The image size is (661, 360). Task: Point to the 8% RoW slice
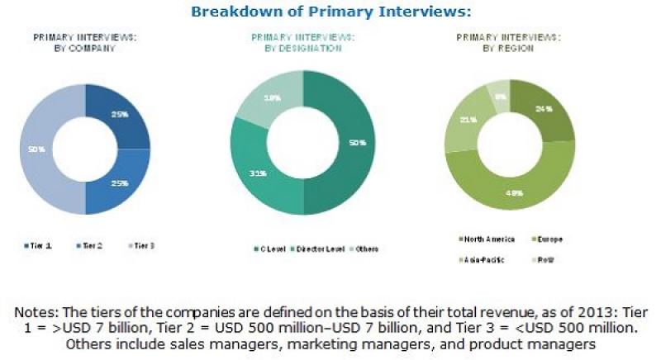(x=498, y=96)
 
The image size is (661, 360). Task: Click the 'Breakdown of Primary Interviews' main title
(x=330, y=12)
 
